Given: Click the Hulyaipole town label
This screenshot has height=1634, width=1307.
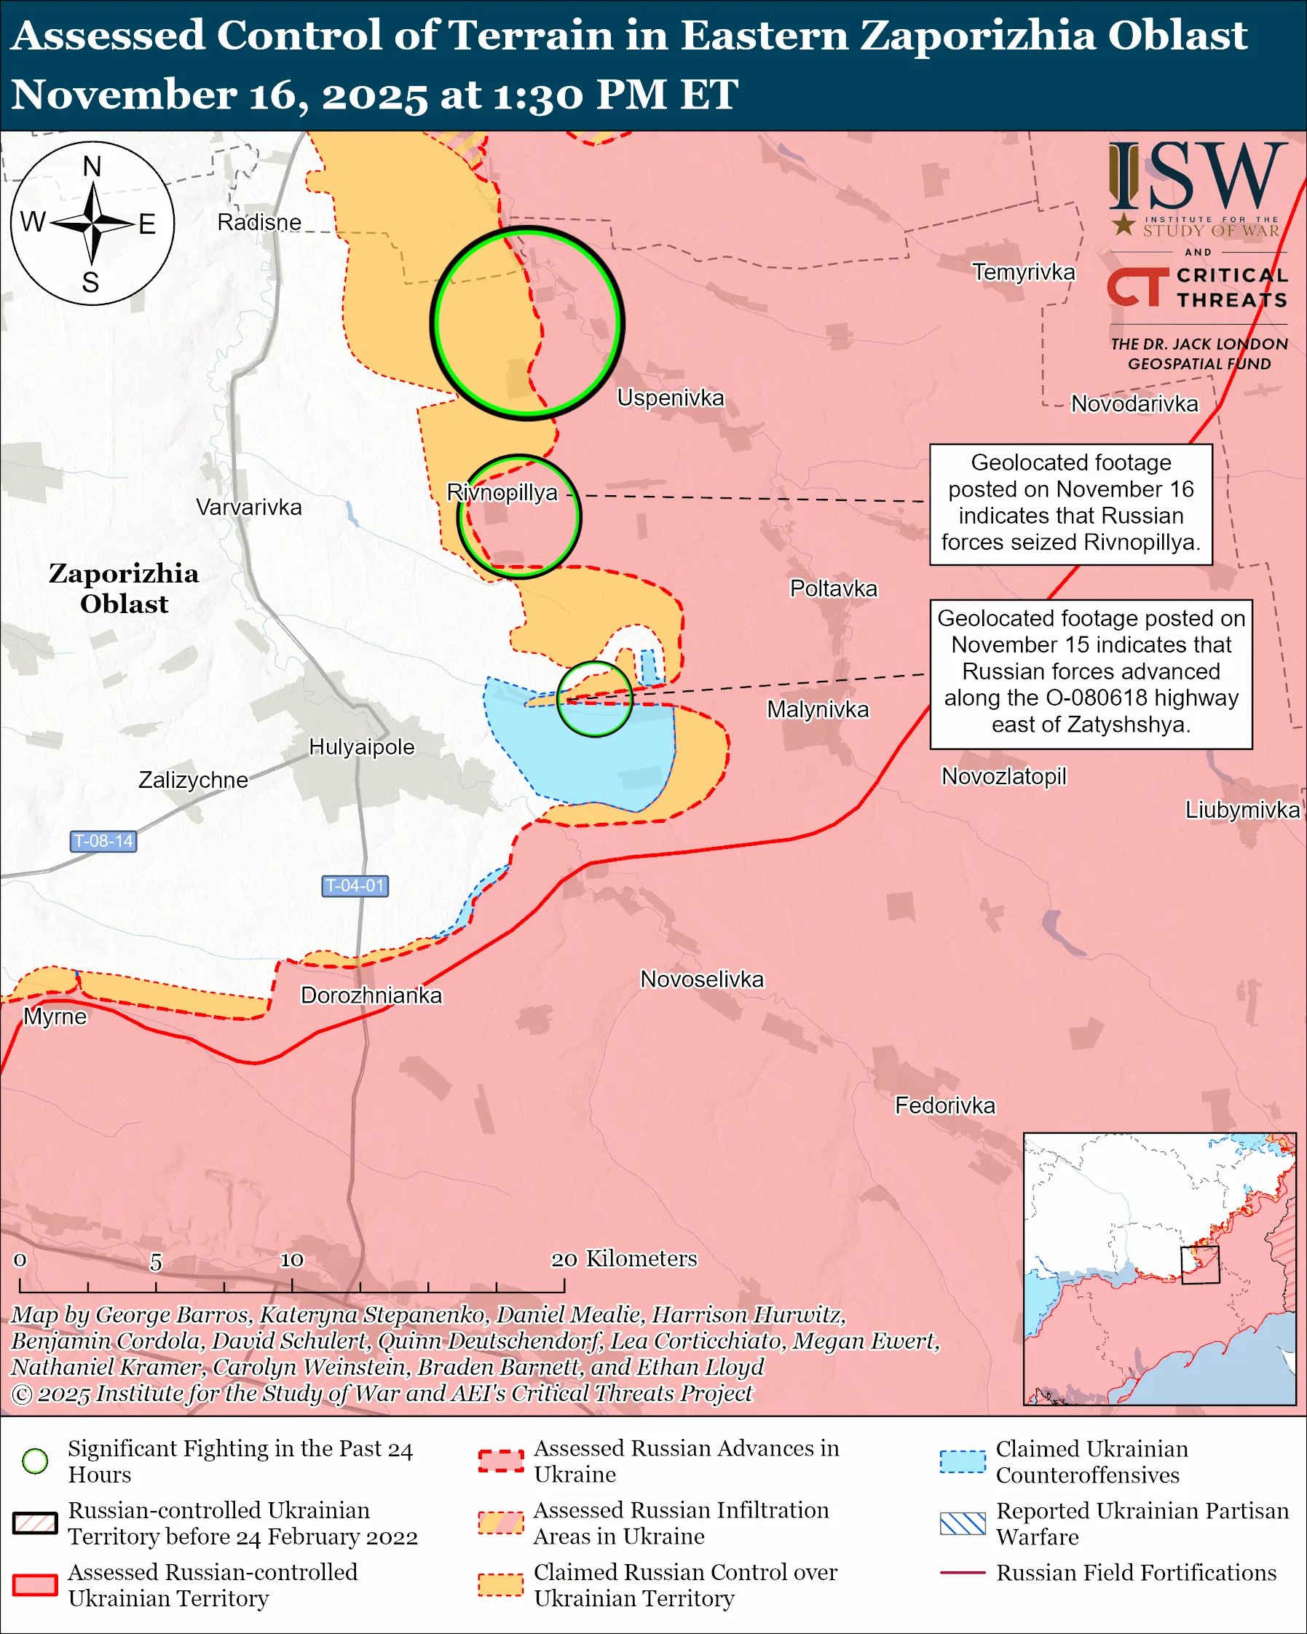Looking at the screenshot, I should coord(361,747).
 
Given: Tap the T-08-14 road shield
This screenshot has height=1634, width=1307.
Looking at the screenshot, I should coord(103,840).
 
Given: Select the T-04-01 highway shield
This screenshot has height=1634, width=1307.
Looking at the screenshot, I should coord(355,885).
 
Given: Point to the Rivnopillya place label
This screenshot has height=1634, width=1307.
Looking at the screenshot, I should coord(502,493).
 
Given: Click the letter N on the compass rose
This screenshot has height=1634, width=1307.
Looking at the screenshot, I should coord(92,166).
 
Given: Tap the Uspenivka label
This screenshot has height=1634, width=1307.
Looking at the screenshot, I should coord(670,398).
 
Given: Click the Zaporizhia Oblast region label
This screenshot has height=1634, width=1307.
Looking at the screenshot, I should coord(125,588).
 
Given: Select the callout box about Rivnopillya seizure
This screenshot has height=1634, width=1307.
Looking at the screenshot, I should coord(1070,504).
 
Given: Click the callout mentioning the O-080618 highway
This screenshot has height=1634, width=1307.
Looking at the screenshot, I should coord(1090,674).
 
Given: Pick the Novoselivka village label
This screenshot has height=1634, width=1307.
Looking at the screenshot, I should coord(702,979).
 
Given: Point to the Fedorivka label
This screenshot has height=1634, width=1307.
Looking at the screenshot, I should coord(945,1106).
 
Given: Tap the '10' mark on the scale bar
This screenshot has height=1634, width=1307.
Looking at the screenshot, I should coord(292,1260).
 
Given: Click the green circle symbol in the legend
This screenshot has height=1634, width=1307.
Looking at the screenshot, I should coord(36,1461).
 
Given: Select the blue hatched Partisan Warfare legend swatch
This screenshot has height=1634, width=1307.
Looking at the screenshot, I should coord(963,1523).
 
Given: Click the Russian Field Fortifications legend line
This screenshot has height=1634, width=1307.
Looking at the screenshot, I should coord(963,1573).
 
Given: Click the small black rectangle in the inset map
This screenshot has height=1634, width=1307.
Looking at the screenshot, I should coord(1200,1265).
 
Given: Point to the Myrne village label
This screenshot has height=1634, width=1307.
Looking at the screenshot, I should coord(55,1017).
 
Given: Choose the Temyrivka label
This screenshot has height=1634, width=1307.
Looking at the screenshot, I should coord(1023,272).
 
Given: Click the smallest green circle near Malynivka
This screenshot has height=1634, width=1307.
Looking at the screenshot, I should coord(595,699).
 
